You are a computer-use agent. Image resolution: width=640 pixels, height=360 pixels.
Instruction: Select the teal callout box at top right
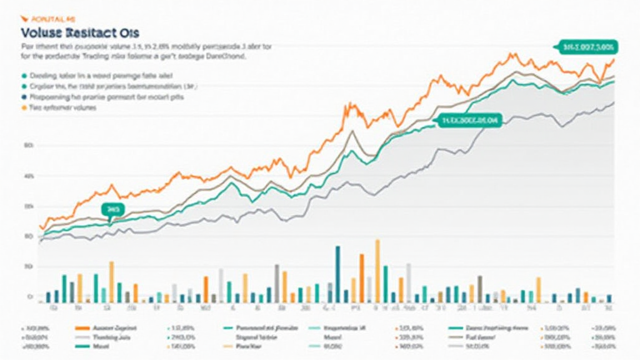click(x=586, y=46)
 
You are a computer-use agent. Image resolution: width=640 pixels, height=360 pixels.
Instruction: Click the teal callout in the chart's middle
click(x=469, y=120)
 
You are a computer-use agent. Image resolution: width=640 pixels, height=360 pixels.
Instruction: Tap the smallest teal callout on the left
click(x=113, y=209)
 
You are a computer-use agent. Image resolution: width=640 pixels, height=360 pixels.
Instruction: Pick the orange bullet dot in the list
click(x=24, y=108)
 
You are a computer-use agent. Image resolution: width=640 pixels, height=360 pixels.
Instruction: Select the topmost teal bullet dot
click(x=24, y=74)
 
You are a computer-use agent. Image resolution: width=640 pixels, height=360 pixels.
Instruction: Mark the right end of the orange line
click(x=614, y=60)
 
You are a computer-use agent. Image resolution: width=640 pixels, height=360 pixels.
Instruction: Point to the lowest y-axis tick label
click(x=29, y=297)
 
